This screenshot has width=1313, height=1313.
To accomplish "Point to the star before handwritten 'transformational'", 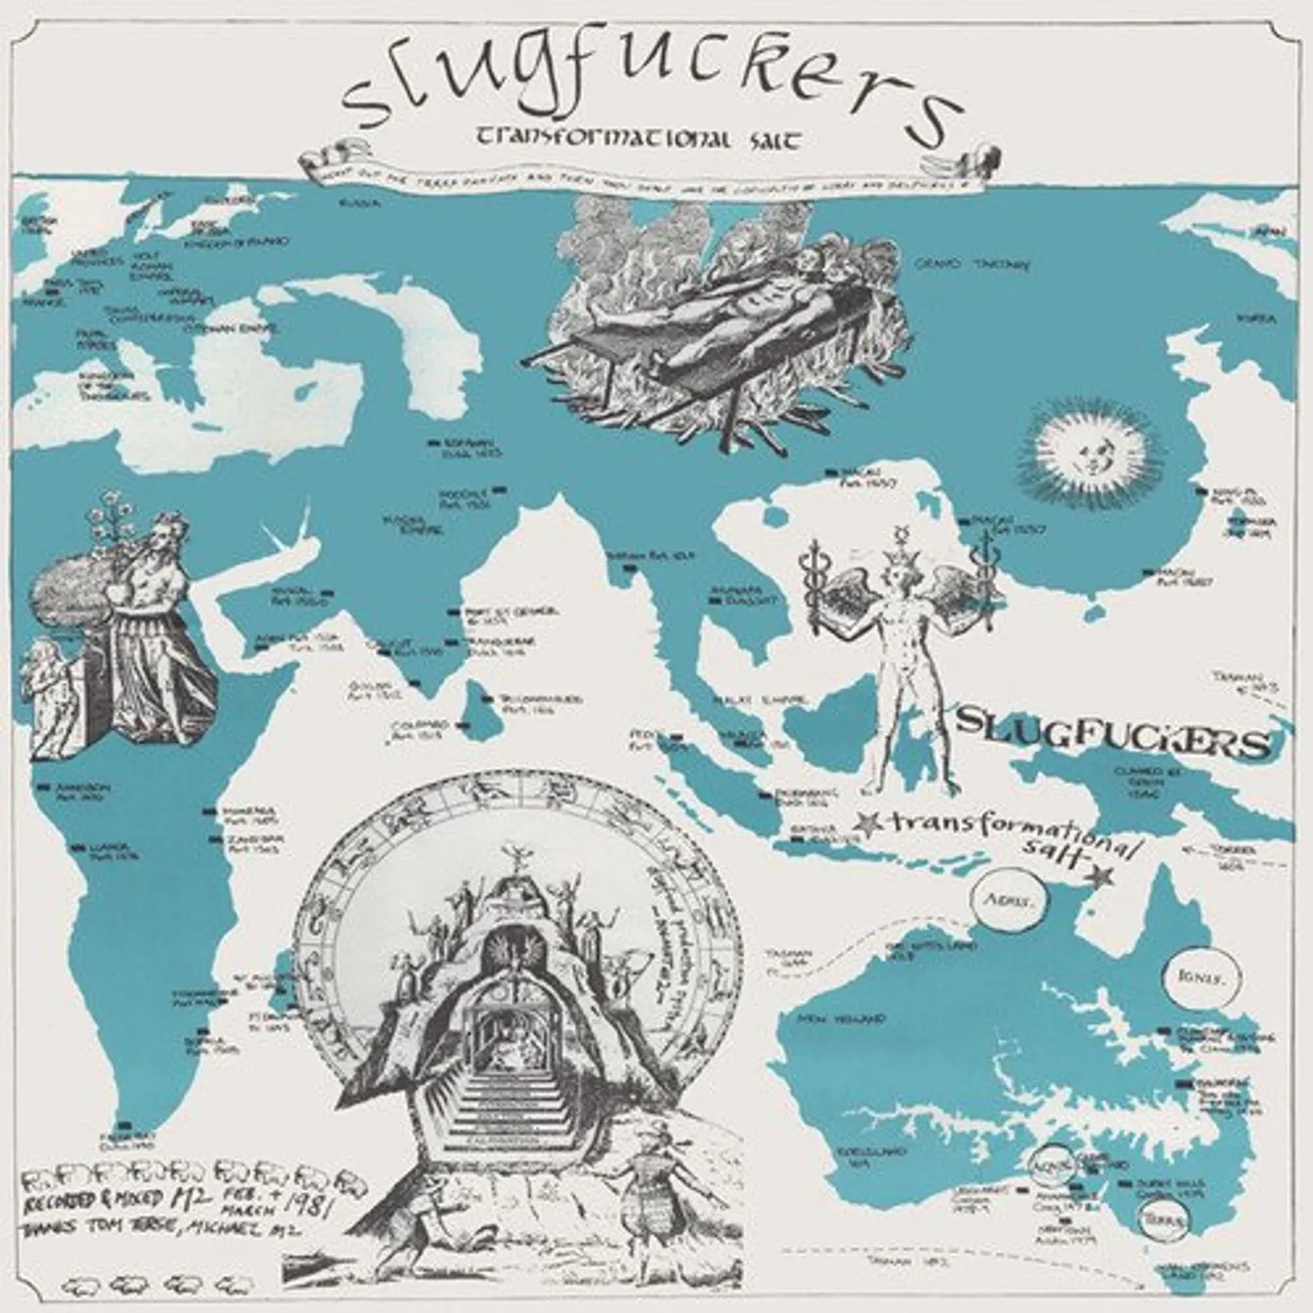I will coord(868,823).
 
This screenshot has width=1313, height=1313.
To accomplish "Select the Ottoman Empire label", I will coord(217,329).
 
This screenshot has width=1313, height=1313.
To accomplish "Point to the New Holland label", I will coord(842,1017).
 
